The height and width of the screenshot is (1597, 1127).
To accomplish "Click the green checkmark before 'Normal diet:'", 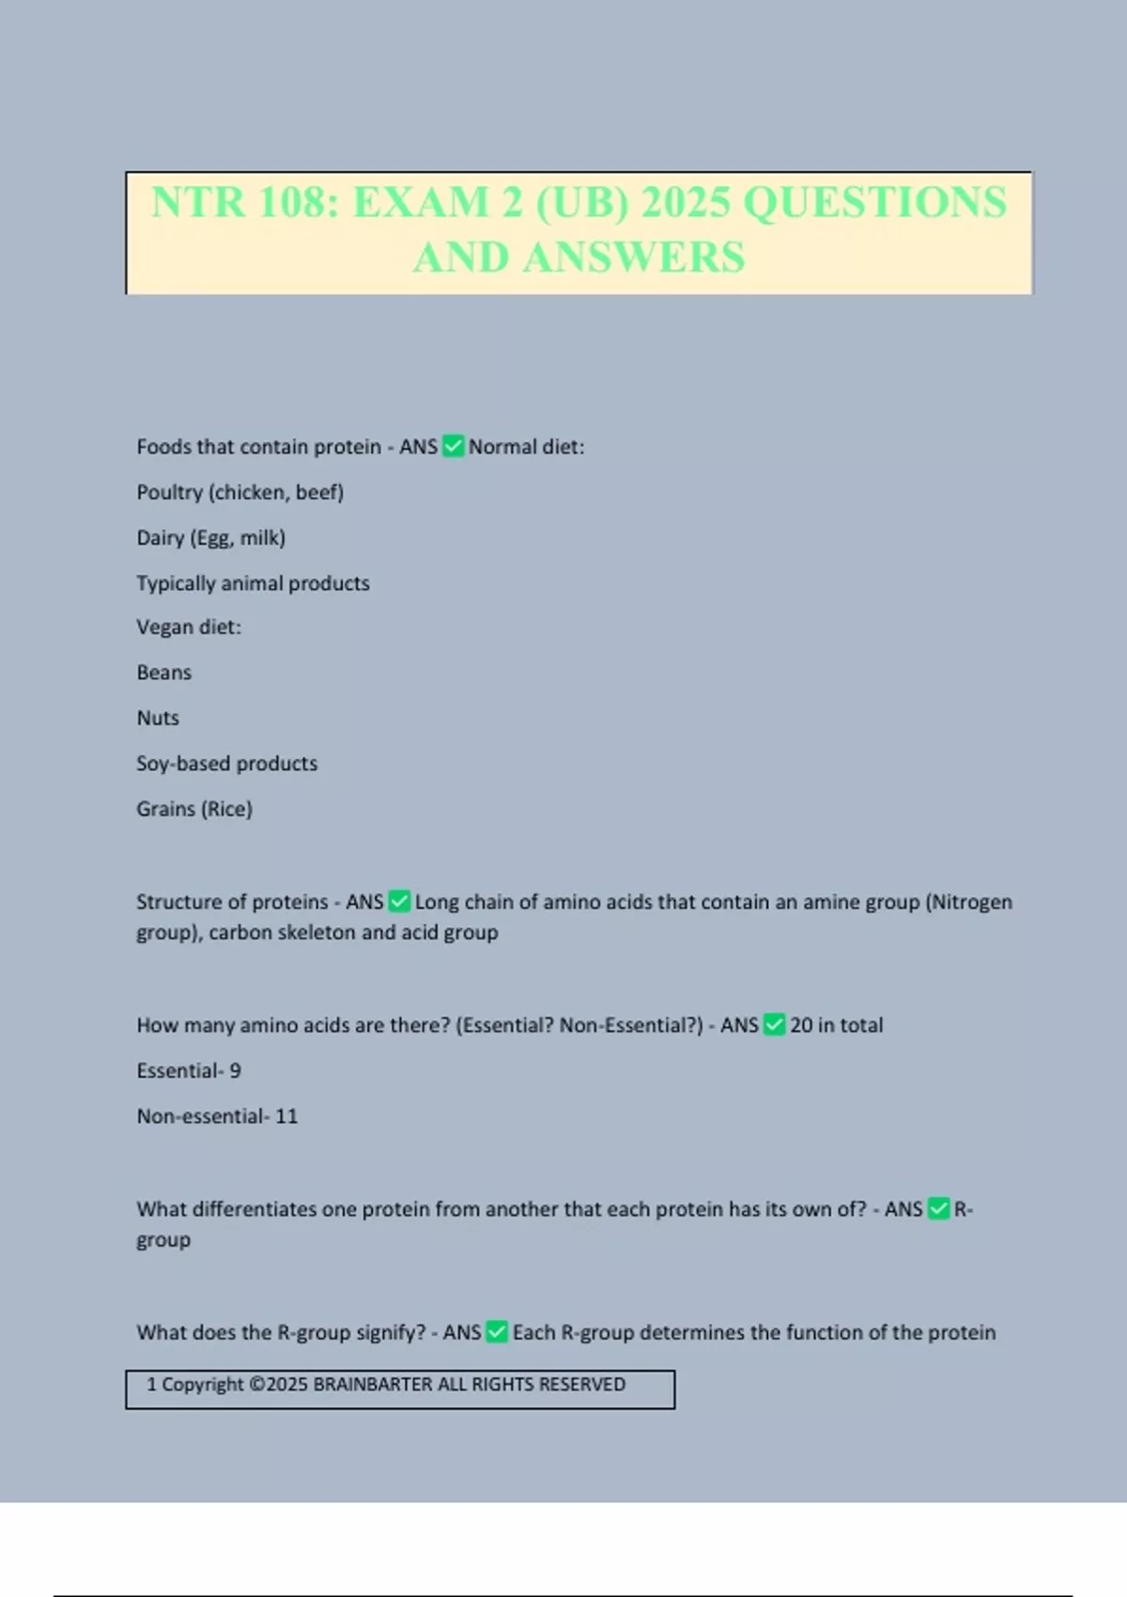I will (454, 446).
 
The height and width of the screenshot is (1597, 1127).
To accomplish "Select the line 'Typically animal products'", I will (253, 583).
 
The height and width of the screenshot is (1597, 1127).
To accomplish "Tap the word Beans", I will (163, 673).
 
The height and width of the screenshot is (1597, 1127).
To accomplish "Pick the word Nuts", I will (158, 718).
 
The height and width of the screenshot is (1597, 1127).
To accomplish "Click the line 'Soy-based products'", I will (226, 764).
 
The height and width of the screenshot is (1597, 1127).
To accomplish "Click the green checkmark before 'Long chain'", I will (399, 902).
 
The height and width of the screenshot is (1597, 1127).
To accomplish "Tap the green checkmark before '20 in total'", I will (775, 1025).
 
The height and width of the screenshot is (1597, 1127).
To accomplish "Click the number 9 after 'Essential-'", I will (236, 1071).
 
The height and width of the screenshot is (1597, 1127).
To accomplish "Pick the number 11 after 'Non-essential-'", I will (286, 1116).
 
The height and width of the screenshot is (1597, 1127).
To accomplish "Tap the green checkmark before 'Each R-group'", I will (497, 1332).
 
